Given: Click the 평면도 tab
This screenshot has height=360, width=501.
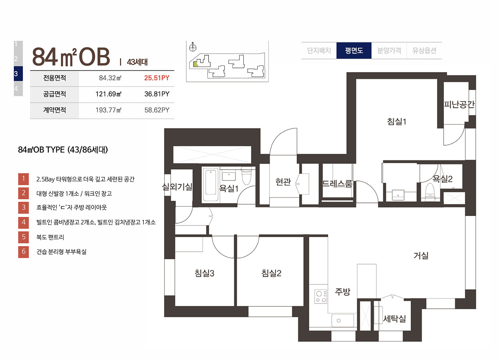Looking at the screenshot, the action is coord(354,51).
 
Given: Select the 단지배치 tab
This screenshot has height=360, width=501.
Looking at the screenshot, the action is coord(319,51).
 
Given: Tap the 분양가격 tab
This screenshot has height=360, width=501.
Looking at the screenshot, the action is coord(389,51).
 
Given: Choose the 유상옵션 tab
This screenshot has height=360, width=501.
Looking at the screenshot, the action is coord(424,51).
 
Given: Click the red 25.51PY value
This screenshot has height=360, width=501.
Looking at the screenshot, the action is coord(157,78).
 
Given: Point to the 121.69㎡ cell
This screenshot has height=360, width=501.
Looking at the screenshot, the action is coord(108,94).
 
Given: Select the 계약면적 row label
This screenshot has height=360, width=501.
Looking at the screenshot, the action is coord(55,110).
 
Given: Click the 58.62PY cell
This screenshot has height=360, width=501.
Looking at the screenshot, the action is coord(157,110).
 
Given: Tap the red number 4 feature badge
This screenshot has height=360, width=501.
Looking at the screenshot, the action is coord(23,222).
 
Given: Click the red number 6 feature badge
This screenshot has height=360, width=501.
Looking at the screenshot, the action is coord(23,252).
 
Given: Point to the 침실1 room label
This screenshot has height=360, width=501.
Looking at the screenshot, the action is coord(397,121).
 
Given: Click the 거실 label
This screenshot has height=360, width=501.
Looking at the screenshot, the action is coord(421,255).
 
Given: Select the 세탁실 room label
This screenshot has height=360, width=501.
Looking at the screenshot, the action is coord(394,319).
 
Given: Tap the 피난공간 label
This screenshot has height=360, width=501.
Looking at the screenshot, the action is coord(459,104).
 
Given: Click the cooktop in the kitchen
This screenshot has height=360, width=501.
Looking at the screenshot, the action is coord(321,297).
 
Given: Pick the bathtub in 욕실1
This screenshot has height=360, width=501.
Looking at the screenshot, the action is coord(211,185).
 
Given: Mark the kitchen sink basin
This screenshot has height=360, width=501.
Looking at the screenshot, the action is coord(343,320).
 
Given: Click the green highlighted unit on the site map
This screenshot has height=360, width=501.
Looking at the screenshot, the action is coord(196,64).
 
